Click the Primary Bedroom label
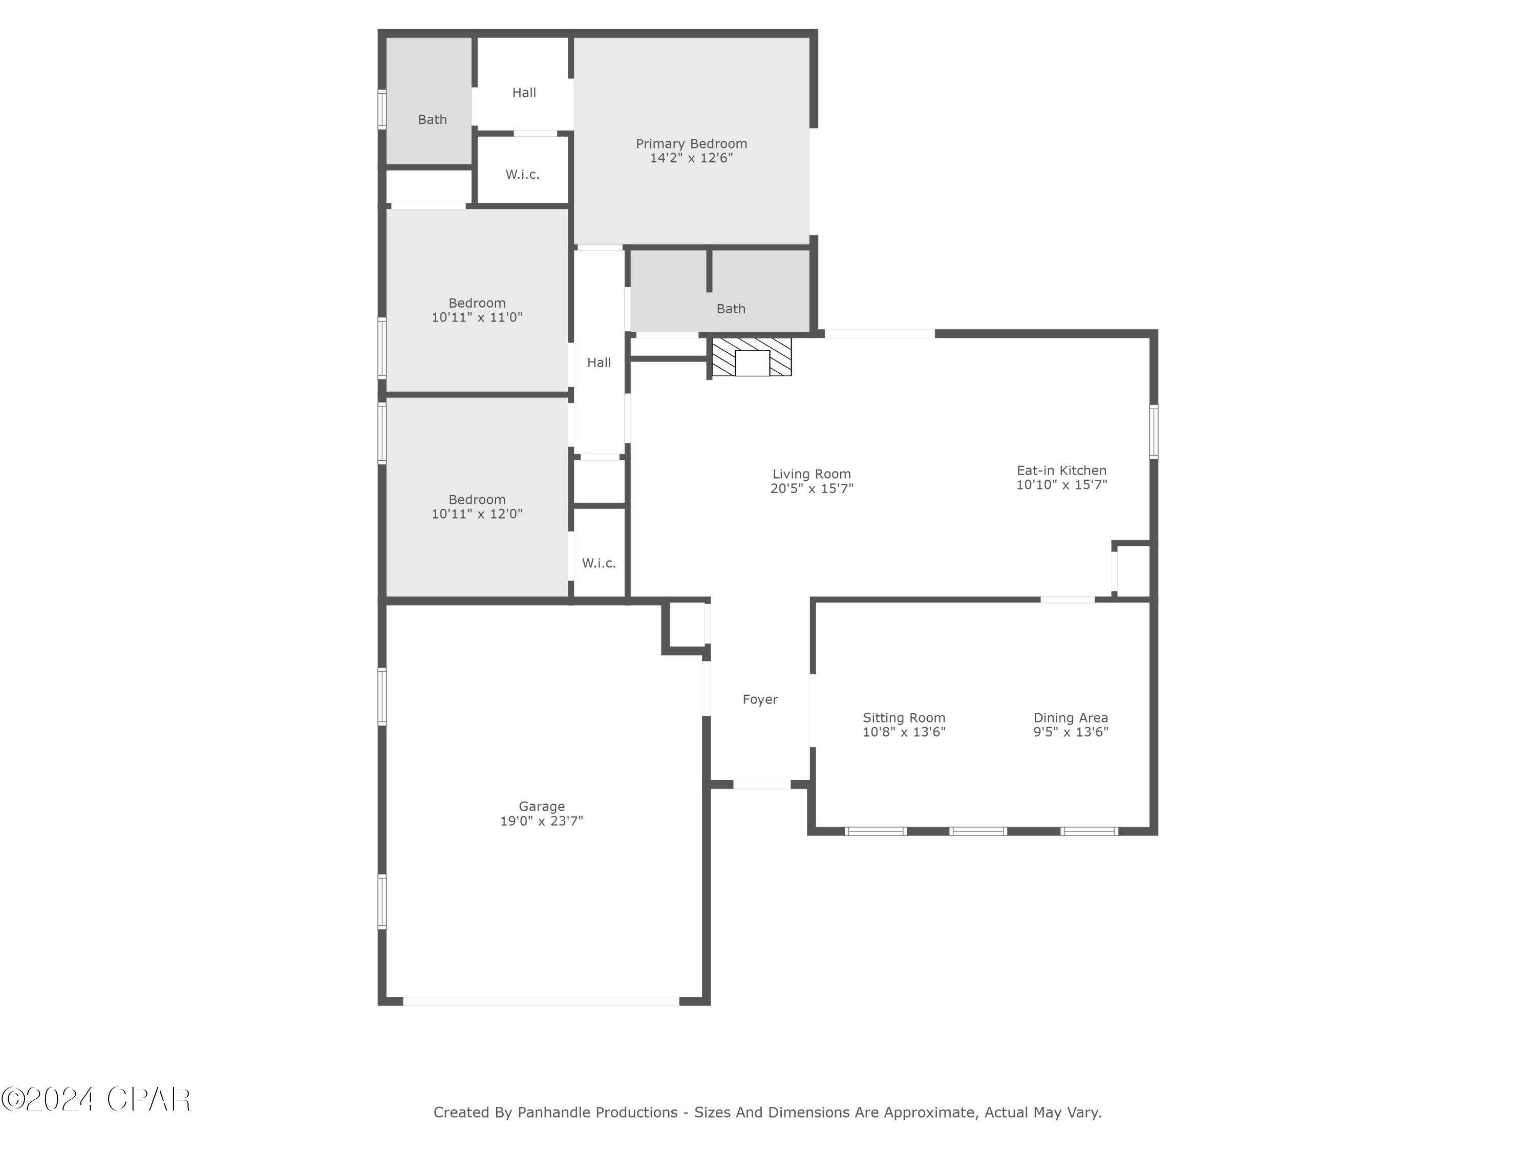pyautogui.click(x=691, y=144)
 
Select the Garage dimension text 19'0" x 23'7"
pyautogui.click(x=542, y=821)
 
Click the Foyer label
pyautogui.click(x=760, y=699)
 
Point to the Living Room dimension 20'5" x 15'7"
pyautogui.click(x=811, y=488)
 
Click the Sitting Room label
pyautogui.click(x=903, y=717)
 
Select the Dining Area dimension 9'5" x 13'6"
pyautogui.click(x=1070, y=732)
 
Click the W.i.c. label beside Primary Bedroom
pyautogui.click(x=522, y=174)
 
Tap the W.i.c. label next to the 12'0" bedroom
pyautogui.click(x=599, y=563)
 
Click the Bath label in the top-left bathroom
pyautogui.click(x=432, y=119)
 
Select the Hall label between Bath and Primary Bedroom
pyautogui.click(x=524, y=92)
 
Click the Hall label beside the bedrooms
pyautogui.click(x=599, y=362)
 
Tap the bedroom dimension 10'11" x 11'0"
pyautogui.click(x=476, y=317)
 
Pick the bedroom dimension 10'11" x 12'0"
pyautogui.click(x=476, y=514)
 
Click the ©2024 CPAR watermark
pyautogui.click(x=96, y=1099)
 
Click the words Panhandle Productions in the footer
pyautogui.click(x=597, y=1113)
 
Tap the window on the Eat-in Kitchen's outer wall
pyautogui.click(x=1154, y=432)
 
